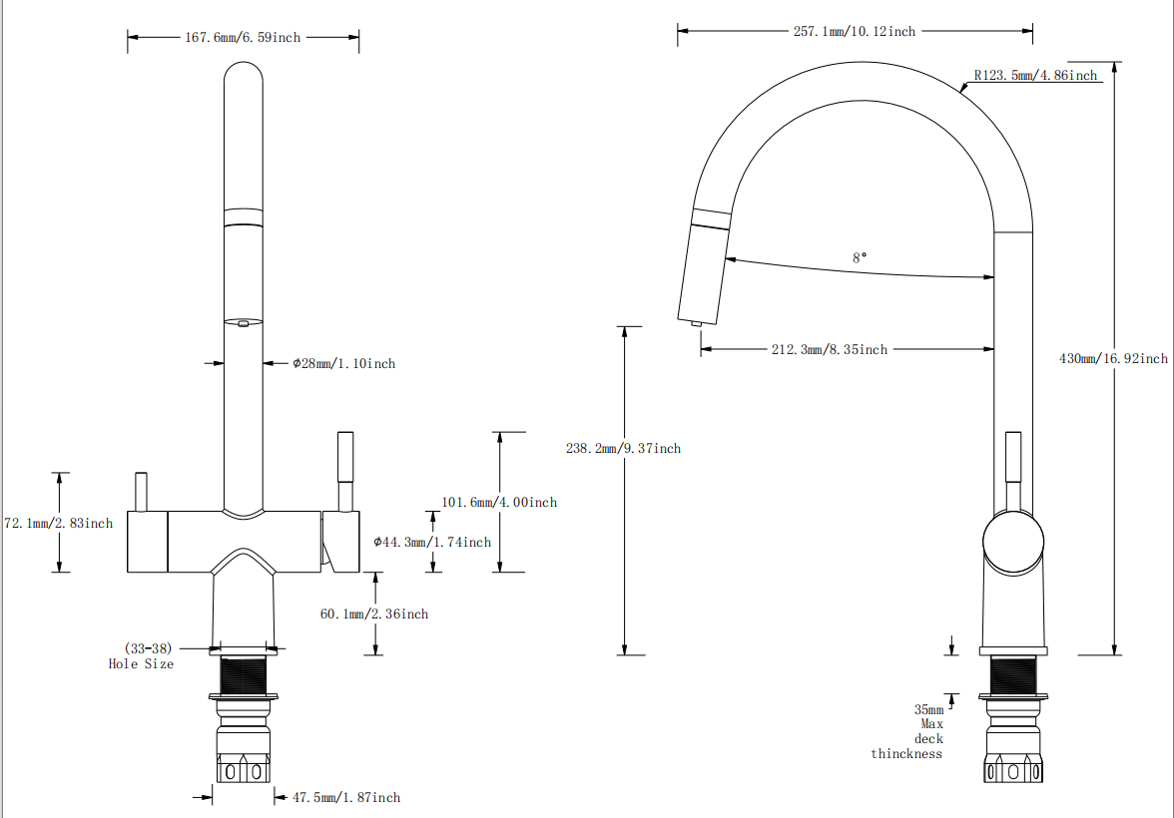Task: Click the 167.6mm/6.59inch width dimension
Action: (243, 38)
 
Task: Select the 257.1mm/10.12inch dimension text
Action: (854, 32)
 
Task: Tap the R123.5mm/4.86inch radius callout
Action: (1035, 76)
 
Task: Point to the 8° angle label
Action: (860, 257)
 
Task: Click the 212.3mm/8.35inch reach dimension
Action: (829, 350)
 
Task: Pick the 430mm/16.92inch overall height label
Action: (1112, 359)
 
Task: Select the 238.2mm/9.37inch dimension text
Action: (623, 449)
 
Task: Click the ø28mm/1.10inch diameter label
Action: (343, 364)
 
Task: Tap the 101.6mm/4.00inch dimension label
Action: (499, 503)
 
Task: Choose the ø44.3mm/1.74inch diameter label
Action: (432, 543)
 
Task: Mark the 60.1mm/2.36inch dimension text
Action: (374, 614)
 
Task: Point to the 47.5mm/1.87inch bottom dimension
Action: (345, 798)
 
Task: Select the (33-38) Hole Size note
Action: (142, 656)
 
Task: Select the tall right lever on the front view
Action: (345, 458)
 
